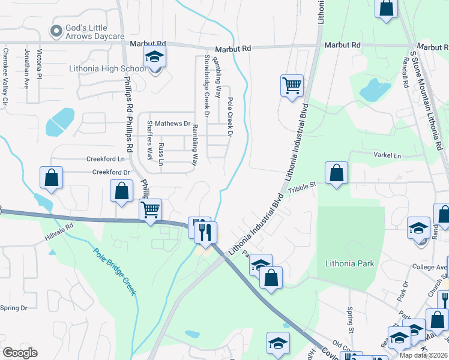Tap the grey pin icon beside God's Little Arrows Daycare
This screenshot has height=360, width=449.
(58, 31)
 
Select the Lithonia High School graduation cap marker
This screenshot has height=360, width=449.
(155, 58)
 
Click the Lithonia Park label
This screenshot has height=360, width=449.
(349, 263)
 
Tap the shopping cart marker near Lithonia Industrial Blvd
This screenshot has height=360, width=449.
(292, 85)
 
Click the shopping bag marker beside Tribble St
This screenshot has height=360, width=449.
(337, 173)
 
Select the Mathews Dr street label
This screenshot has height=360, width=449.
(172, 124)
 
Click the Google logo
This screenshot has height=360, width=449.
(20, 352)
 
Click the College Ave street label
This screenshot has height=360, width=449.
(429, 267)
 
